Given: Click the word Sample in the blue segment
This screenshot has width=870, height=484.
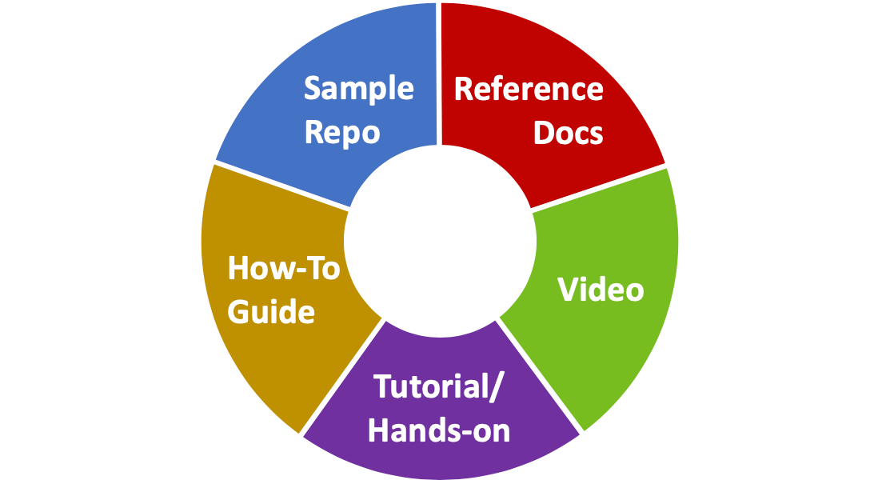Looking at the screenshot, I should click(x=358, y=89).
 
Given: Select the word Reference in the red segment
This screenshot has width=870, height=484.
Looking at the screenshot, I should click(x=529, y=89).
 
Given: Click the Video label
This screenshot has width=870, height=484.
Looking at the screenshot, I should click(x=601, y=290).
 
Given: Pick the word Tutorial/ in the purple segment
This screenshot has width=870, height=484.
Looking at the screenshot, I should click(x=439, y=387).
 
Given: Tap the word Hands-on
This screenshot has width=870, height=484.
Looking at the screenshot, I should click(x=439, y=430).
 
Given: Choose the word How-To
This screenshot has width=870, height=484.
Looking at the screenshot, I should click(x=284, y=268).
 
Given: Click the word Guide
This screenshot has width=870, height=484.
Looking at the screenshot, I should click(x=271, y=311).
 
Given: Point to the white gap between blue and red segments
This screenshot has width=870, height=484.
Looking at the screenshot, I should click(x=440, y=72).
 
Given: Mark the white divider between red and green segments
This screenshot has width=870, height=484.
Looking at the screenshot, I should click(x=600, y=189).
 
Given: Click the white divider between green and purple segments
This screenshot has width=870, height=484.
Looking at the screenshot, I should click(x=541, y=376).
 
